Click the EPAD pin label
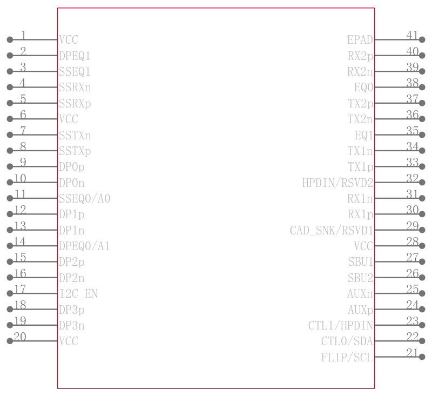[360, 39]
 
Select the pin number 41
[412, 35]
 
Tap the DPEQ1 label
[75, 56]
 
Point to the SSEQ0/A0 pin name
[85, 198]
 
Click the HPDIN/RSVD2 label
[338, 183]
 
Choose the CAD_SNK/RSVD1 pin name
[332, 230]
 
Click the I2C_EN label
[78, 294]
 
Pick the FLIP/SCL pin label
[347, 358]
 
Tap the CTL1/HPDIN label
[341, 325]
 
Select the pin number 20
[20, 337]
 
